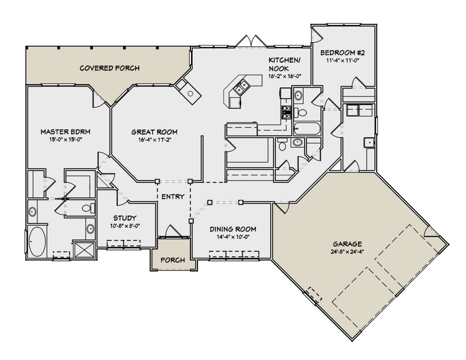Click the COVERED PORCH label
(110, 68)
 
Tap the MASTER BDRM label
(65, 132)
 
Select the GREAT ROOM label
(155, 132)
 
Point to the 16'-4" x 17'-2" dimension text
(155, 140)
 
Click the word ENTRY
(173, 197)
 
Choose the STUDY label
(125, 218)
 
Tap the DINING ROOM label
(233, 229)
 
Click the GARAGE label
(348, 244)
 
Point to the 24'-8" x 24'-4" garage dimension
(347, 252)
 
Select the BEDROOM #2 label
(343, 53)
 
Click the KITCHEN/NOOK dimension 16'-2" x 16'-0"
(285, 76)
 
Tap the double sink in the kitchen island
(242, 87)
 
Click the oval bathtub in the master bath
(37, 242)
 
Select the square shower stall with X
(84, 250)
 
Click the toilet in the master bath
(89, 208)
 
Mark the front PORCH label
(173, 260)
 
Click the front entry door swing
(173, 231)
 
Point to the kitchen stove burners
(286, 112)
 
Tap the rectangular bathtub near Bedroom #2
(307, 129)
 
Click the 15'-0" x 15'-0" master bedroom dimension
(66, 139)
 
